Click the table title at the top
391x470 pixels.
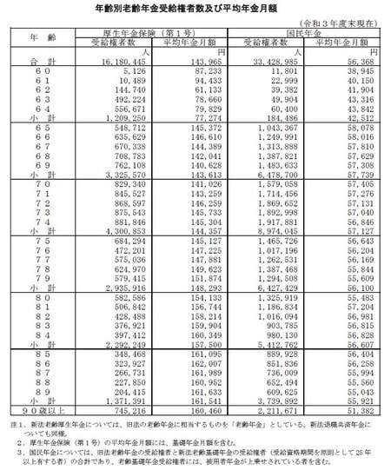point(195,7)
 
